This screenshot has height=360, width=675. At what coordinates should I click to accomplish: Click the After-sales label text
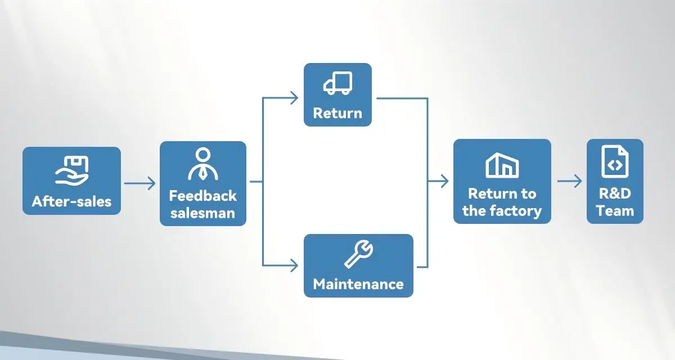point(71,201)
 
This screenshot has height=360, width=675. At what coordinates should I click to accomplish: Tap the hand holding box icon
point(71,170)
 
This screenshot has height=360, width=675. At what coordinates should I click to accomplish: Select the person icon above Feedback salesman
point(202,164)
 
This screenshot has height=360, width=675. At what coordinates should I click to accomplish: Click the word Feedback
point(202,196)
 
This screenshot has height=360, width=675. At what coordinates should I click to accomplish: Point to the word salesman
point(202,213)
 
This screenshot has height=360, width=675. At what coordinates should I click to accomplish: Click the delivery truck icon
point(337,83)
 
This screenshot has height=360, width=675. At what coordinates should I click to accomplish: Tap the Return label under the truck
point(337,113)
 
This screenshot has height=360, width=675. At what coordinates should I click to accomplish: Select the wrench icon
point(358,255)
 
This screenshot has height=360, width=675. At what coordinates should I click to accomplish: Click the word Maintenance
point(358,283)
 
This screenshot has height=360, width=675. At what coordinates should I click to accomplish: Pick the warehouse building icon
point(502,165)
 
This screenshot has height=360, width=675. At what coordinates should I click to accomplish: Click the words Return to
point(502,193)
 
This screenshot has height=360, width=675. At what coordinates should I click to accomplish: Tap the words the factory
point(502,211)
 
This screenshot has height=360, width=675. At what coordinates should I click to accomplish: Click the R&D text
point(615,193)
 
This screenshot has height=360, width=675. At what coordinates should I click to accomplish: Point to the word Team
point(615,211)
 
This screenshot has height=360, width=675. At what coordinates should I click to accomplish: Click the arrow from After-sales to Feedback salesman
point(139,183)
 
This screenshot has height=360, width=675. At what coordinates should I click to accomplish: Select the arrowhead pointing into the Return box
point(294,98)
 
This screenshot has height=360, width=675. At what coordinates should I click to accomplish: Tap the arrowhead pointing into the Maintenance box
point(294,264)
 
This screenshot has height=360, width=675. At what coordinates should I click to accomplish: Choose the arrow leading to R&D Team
point(570,181)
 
